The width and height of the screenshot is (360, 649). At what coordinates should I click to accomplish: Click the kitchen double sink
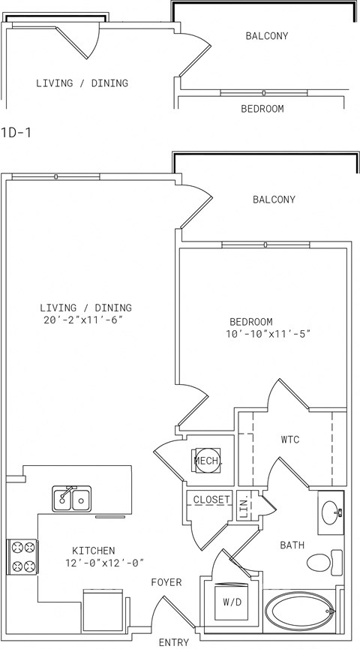point(72,499)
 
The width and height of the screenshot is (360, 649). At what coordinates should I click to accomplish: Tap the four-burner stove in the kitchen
point(22,557)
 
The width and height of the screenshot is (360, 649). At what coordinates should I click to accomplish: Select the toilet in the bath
point(325,562)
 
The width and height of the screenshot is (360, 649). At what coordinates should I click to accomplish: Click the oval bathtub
point(299,611)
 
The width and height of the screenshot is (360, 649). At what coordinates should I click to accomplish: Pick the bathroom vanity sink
point(331,513)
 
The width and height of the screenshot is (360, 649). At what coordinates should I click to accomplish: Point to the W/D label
point(232,602)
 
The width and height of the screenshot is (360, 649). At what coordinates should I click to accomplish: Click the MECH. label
point(208,461)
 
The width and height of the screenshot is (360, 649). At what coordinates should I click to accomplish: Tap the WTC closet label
point(290,440)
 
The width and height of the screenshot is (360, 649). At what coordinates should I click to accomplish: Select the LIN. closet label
point(244,506)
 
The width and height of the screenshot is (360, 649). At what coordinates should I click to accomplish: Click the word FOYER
point(166,582)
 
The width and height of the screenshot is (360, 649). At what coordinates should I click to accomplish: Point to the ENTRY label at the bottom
point(174,642)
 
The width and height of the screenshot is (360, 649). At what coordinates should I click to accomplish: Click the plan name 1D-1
point(16,133)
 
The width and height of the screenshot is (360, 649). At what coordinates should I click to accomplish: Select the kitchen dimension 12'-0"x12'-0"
point(104,563)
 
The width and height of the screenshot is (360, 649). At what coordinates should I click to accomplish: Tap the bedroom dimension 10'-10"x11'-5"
point(268,334)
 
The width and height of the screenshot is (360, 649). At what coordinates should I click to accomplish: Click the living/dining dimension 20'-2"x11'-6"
point(83,320)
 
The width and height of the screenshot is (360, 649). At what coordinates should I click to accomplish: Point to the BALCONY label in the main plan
point(274,200)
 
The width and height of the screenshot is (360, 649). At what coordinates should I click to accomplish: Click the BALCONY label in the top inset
point(267,36)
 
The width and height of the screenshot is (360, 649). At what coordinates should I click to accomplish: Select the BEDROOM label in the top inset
point(262,109)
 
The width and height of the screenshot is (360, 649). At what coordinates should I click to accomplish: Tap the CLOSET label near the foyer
point(211,499)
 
